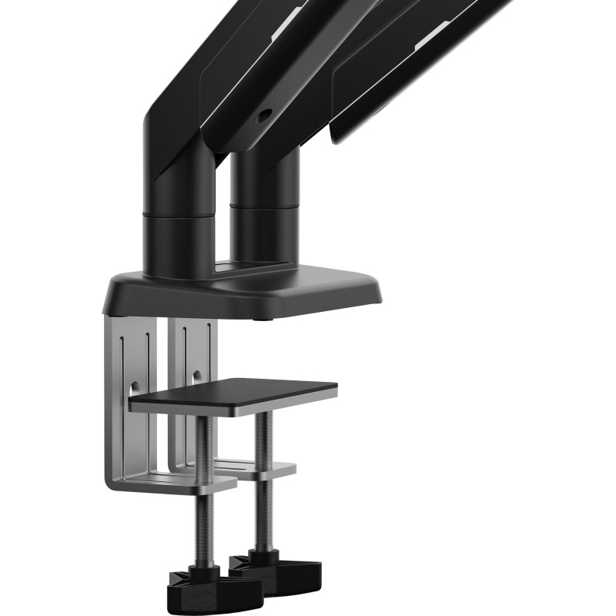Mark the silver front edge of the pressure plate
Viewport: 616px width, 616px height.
tap(231, 407)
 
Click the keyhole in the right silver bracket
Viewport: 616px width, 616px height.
tap(196, 377)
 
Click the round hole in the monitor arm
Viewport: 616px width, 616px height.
tap(266, 115)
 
